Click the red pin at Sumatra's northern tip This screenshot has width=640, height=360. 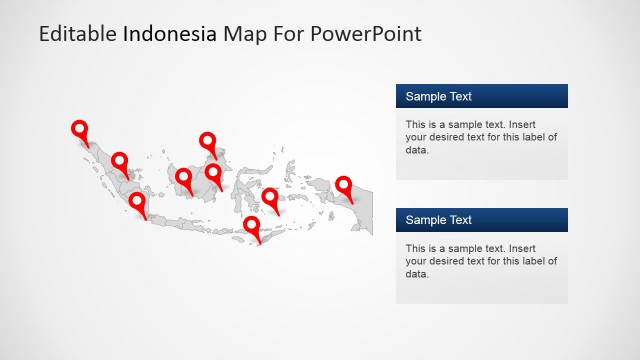80,129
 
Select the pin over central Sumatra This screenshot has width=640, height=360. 120,160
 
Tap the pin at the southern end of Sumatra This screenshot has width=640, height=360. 137,202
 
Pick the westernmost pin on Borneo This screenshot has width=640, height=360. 184,178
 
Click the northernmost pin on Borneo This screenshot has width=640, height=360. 208,141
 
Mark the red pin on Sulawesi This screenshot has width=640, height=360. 270,196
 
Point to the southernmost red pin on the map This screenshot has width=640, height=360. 252,225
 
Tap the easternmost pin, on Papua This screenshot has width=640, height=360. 344,185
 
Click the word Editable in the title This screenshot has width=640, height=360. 78,34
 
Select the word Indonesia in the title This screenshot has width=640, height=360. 169,34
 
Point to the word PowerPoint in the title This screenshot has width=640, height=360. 366,34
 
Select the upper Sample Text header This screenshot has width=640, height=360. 482,96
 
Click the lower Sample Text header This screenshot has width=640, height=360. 482,220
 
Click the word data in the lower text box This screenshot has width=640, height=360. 417,274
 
